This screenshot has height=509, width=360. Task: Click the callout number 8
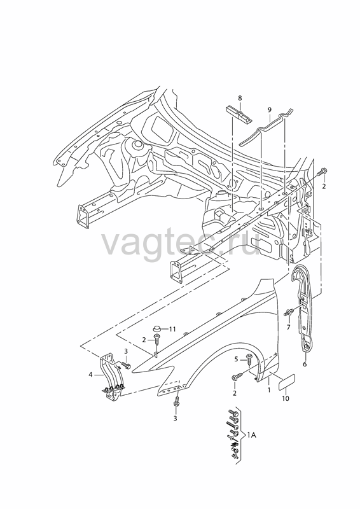[240, 98]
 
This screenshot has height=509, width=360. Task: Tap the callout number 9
[270, 109]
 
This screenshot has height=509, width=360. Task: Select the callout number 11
[172, 329]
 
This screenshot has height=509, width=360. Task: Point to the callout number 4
[90, 375]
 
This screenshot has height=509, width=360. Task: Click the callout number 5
[237, 359]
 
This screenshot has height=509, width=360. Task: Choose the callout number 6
[305, 364]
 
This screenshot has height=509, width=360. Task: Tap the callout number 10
[286, 398]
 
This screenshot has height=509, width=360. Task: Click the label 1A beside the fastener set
[252, 435]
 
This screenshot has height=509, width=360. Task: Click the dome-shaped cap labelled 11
[158, 328]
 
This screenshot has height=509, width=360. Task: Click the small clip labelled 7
[288, 312]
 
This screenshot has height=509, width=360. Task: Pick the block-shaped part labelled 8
[238, 115]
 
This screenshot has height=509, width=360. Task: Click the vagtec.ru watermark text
[181, 243]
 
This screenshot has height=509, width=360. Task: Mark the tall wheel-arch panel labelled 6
[303, 309]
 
